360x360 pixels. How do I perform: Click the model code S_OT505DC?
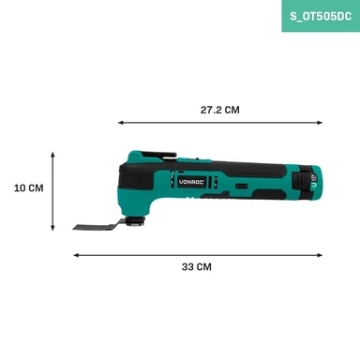click(321, 16)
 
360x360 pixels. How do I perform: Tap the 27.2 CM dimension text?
click(220, 110)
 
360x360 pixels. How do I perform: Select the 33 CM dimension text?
click(197, 267)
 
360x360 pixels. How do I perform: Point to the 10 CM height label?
click(29, 188)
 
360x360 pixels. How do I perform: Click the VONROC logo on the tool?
click(191, 182)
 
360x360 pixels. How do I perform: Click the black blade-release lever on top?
click(158, 155)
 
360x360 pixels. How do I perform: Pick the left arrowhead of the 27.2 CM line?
click(121, 123)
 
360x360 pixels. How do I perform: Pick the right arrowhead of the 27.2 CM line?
click(320, 123)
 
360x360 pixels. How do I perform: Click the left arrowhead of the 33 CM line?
click(77, 255)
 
